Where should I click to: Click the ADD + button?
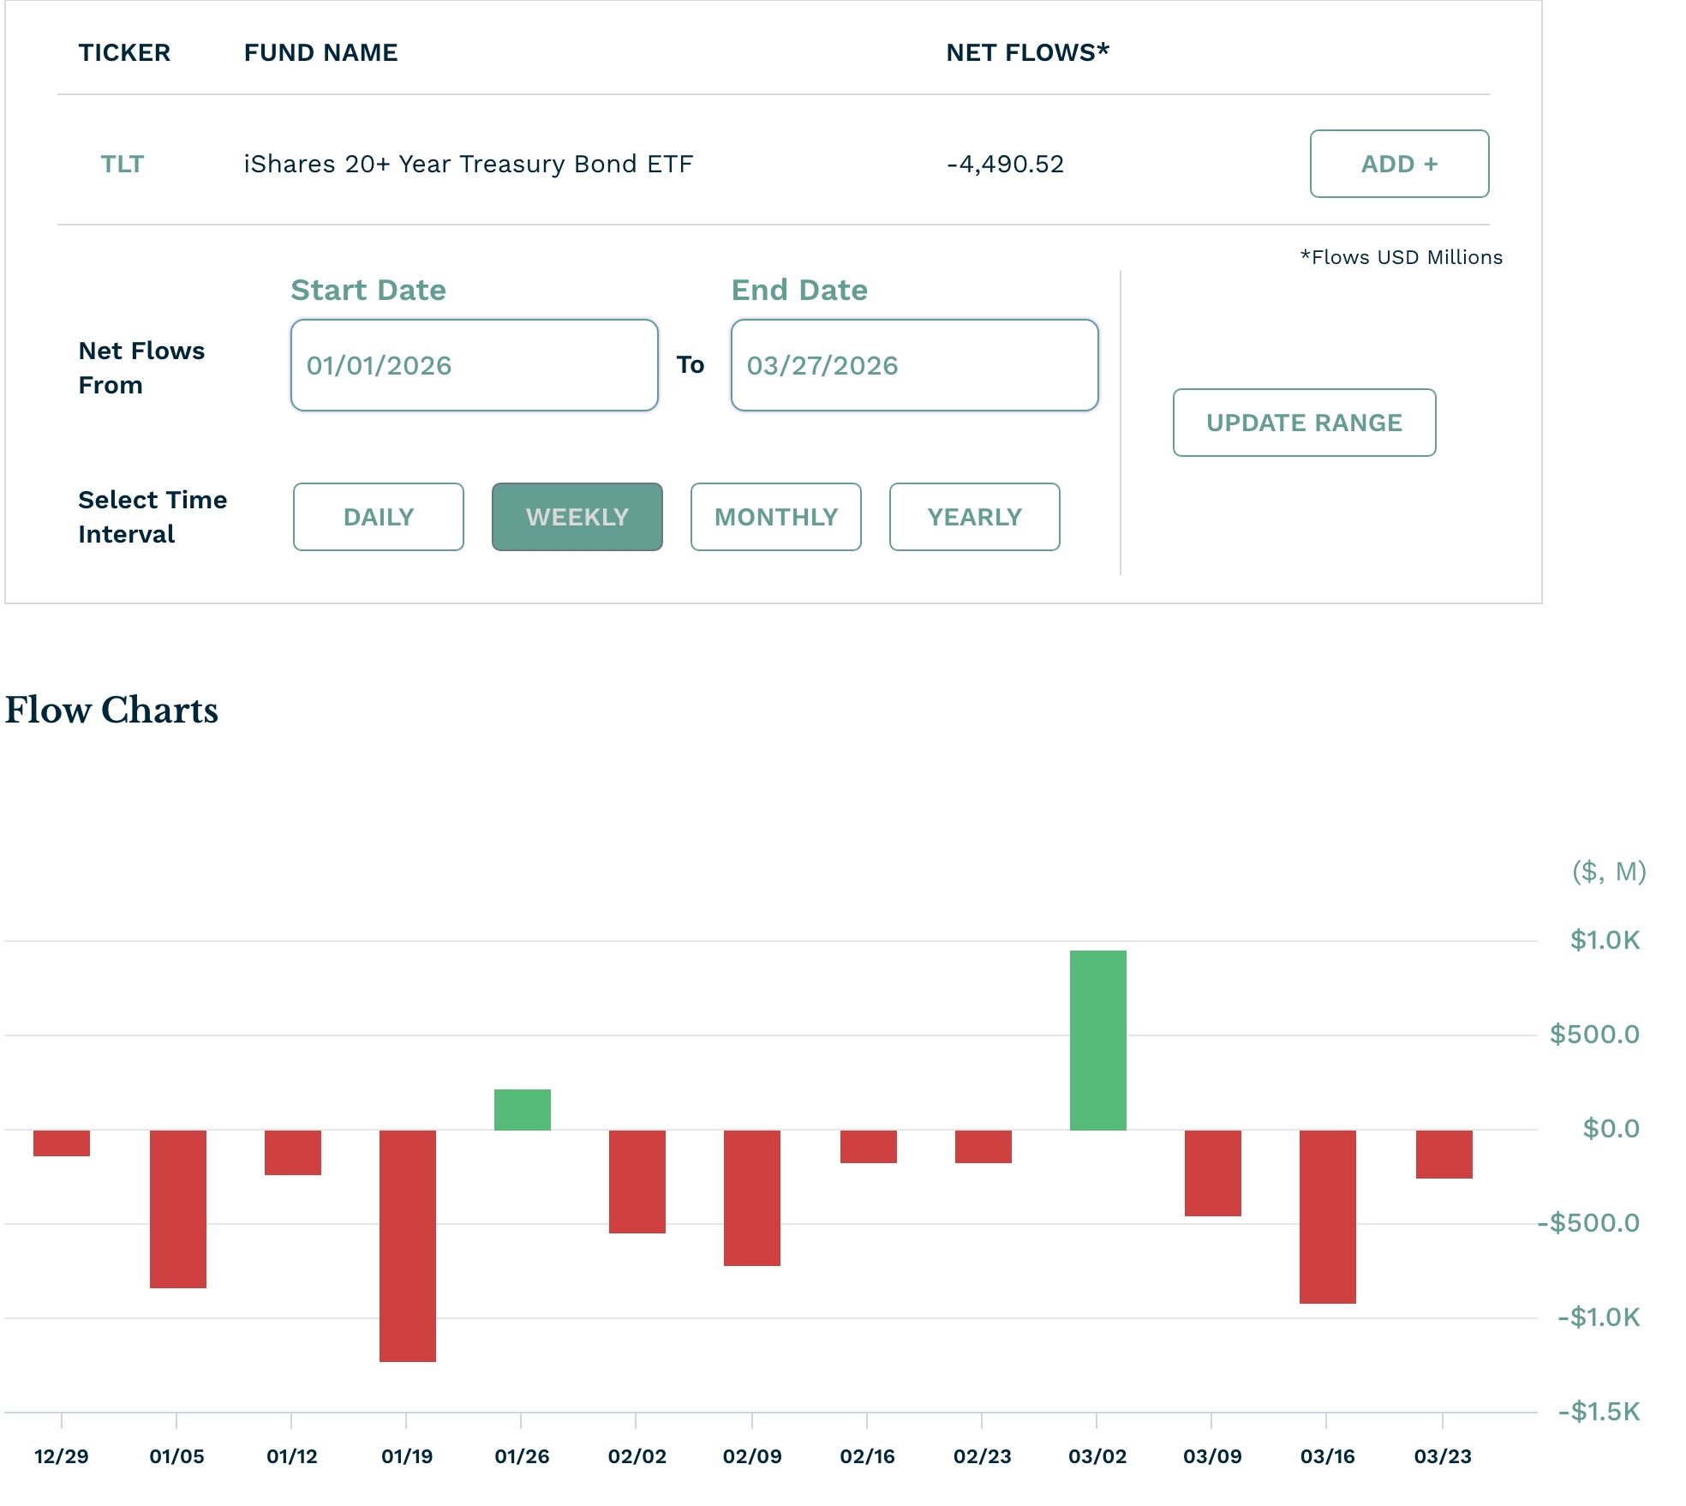point(1399,164)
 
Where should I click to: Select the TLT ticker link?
point(123,164)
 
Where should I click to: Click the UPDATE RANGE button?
point(1304,423)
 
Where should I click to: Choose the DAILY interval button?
point(379,517)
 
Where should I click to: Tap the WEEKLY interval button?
point(577,517)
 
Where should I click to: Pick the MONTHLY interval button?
point(776,517)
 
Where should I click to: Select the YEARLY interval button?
point(975,517)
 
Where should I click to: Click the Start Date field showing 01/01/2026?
point(474,365)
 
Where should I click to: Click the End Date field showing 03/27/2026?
point(914,365)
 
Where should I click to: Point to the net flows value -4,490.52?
point(1006,164)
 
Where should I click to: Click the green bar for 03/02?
point(1097,1040)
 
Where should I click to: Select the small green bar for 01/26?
point(522,1110)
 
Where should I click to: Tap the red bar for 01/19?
point(408,1245)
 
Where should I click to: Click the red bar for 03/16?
point(1327,1216)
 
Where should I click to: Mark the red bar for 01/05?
point(178,1209)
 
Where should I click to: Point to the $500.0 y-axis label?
point(1594,1035)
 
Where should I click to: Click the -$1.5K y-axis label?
point(1599,1412)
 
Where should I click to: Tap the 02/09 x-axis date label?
point(752,1456)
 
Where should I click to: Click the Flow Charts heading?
point(111,710)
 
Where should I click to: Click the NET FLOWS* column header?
point(1027,52)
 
